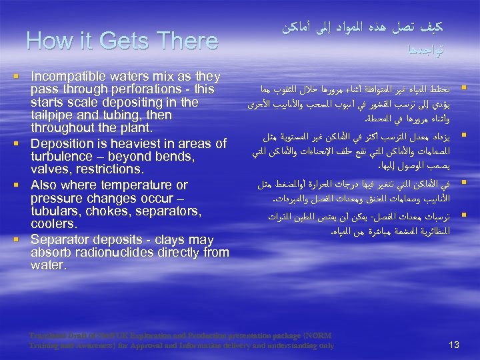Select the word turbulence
61,156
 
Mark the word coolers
53,224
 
